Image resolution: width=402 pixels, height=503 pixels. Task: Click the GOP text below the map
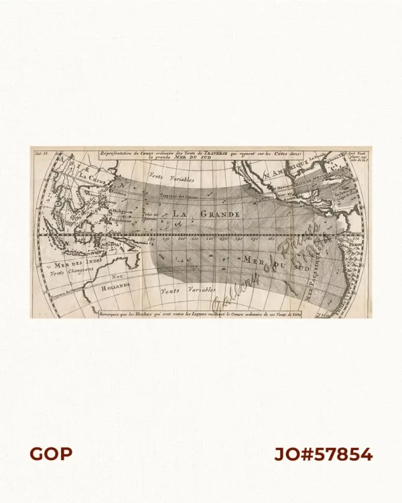50,454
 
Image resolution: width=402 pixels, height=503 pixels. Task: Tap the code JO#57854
323,454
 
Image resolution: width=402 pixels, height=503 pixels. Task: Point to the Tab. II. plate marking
39,154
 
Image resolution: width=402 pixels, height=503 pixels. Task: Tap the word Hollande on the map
115,286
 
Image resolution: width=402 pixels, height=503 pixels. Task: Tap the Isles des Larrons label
152,215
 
